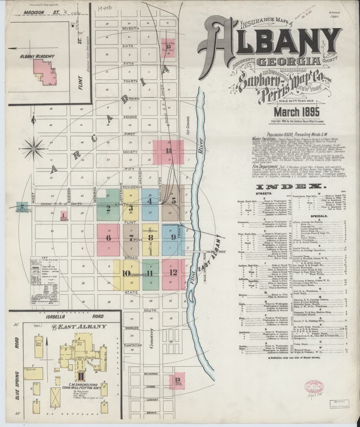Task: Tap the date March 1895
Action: [297, 112]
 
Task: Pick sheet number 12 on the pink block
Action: [173, 273]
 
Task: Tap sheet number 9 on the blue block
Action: [173, 237]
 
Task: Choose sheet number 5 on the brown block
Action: [174, 200]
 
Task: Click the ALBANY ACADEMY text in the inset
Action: [37, 56]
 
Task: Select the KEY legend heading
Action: [44, 257]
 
